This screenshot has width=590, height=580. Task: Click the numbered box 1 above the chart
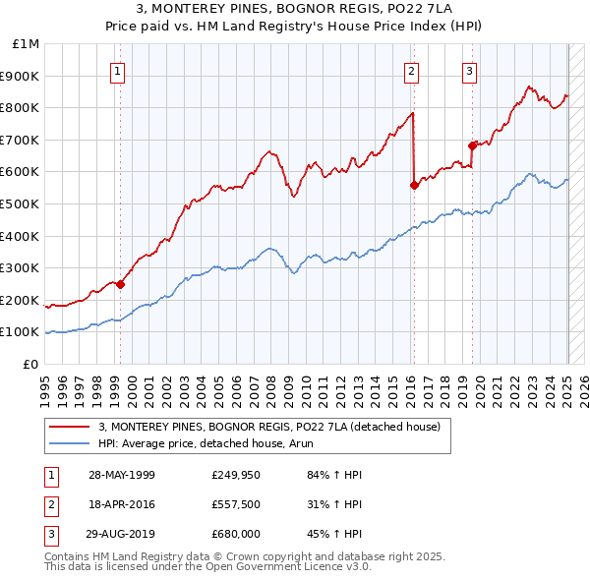coord(118,71)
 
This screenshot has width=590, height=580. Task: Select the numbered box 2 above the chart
coord(411,71)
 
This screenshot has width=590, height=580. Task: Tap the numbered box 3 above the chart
coord(470,71)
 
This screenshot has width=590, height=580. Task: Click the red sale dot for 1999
coord(120,285)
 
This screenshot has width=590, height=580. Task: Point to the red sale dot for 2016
coord(414,185)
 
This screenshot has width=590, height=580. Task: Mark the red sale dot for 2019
coord(473,145)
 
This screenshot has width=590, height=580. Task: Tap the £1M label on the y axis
coord(28,44)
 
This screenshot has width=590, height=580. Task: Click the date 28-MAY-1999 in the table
coord(122,475)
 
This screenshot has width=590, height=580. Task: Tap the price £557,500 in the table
coord(235,504)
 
